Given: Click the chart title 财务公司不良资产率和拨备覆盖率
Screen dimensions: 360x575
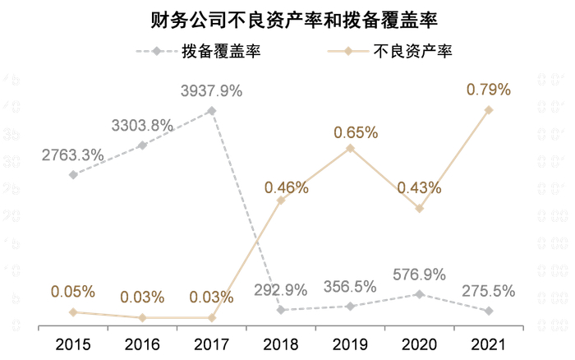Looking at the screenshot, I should pyautogui.click(x=287, y=19).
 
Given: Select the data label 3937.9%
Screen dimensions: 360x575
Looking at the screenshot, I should pyautogui.click(x=212, y=90).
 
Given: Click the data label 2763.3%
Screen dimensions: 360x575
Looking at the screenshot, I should pyautogui.click(x=72, y=154).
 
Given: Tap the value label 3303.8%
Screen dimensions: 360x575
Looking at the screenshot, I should pyautogui.click(x=142, y=126).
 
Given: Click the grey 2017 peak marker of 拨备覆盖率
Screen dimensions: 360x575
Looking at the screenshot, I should pyautogui.click(x=212, y=110).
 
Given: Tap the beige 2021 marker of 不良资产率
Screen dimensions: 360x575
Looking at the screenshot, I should pyautogui.click(x=489, y=109).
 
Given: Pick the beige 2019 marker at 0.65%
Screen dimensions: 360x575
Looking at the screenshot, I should pyautogui.click(x=350, y=148).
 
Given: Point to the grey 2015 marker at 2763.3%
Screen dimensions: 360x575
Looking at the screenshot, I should pyautogui.click(x=73, y=174).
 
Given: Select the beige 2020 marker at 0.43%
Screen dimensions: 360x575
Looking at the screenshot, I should pyautogui.click(x=419, y=208).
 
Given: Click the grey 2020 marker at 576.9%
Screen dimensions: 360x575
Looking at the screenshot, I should pyautogui.click(x=419, y=293).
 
